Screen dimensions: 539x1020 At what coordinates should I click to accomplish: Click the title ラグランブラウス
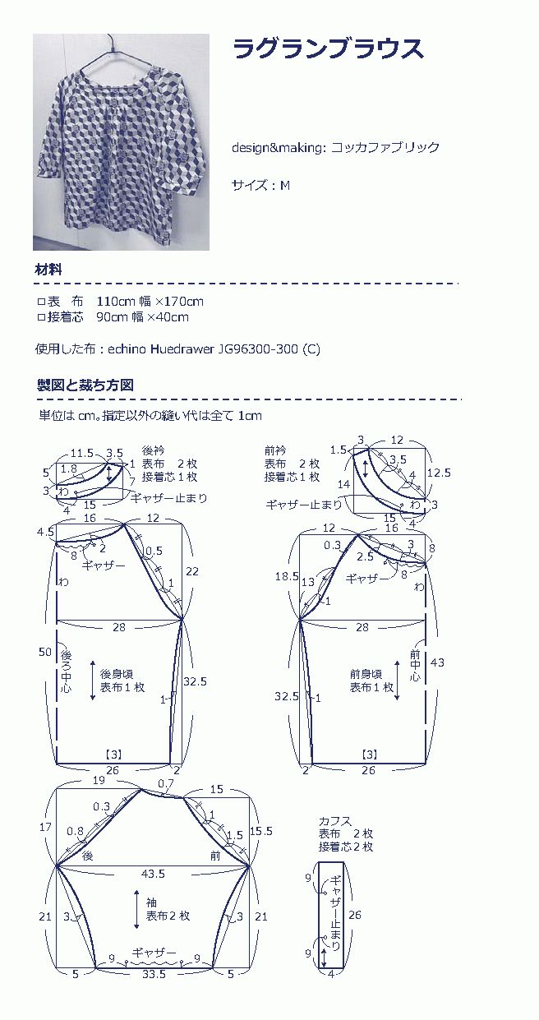click(x=328, y=48)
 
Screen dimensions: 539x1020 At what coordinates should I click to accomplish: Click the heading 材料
click(x=48, y=270)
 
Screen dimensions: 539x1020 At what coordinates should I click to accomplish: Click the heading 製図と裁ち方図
click(x=85, y=385)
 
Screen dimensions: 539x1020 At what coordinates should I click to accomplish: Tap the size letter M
click(x=285, y=185)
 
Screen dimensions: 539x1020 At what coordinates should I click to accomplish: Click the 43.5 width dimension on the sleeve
click(x=153, y=874)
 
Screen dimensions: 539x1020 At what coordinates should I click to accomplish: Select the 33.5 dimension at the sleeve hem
click(x=154, y=975)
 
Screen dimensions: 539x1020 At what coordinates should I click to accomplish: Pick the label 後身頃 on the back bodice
click(x=117, y=674)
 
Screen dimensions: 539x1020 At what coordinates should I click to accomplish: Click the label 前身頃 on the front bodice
click(x=366, y=674)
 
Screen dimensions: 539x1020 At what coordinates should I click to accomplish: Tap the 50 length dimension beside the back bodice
click(x=44, y=652)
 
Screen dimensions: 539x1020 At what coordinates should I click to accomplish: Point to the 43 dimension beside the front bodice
click(x=437, y=662)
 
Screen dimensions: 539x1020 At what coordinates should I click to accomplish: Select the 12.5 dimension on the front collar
click(x=439, y=473)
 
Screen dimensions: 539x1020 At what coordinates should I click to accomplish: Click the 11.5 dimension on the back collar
click(x=82, y=453)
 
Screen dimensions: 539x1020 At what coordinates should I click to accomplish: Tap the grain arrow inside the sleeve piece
click(x=136, y=910)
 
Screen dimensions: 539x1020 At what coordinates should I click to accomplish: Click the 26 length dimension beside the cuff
click(x=355, y=915)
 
